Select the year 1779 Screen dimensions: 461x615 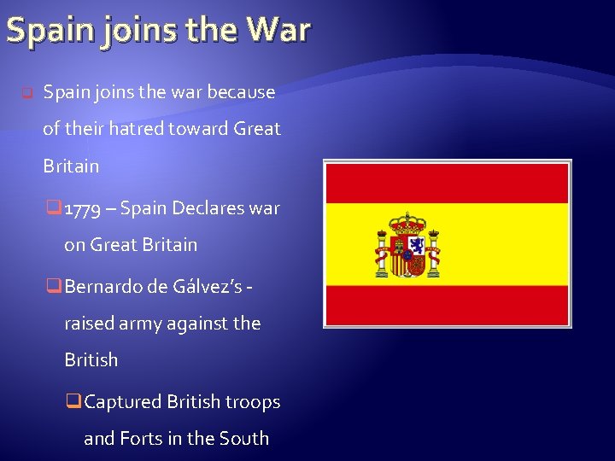[98, 208]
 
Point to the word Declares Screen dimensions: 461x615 [209, 207]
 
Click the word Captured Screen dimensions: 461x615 [124, 401]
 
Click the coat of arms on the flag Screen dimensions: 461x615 [408, 245]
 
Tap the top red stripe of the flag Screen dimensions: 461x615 [447, 182]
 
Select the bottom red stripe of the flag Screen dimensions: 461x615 [447, 305]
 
